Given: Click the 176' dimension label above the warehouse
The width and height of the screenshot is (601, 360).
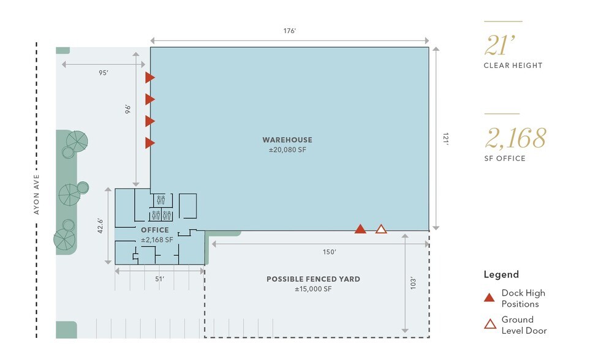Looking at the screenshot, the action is (289, 31).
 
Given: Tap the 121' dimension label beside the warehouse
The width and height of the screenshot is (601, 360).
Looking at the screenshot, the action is (445, 138).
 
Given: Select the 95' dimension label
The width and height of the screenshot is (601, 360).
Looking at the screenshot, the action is (104, 73).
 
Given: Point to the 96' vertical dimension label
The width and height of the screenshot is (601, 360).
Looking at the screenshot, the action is (127, 109).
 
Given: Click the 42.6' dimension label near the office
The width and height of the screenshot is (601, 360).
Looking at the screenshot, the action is (100, 226).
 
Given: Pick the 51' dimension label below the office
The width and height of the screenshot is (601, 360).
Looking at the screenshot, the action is (160, 279).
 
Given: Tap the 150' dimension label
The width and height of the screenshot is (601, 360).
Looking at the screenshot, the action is (329, 252).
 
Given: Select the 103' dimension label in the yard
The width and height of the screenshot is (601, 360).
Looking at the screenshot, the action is (413, 283).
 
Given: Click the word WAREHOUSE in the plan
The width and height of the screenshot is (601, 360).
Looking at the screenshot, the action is (287, 140).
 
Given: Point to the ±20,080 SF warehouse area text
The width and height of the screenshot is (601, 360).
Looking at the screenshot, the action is (287, 150).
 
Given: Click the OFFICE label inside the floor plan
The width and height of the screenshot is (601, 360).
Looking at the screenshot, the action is (155, 230).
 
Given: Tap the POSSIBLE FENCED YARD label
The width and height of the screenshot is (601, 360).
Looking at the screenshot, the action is (314, 279).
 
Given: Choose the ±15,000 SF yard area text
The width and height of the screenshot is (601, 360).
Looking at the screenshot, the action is (313, 289).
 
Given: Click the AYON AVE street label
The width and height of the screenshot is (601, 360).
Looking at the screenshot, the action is (36, 194).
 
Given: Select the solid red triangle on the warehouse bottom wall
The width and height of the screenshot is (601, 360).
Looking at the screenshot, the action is (360, 229).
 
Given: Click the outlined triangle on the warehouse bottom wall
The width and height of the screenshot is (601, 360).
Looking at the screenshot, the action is (381, 229).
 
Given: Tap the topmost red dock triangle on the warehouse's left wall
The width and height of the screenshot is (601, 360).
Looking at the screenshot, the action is (149, 77).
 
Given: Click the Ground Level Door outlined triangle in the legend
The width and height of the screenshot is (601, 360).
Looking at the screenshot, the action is (490, 324).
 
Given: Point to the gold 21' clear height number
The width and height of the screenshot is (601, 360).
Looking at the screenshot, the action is (500, 45).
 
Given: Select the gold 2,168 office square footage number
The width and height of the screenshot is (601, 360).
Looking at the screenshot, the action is (515, 138).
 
